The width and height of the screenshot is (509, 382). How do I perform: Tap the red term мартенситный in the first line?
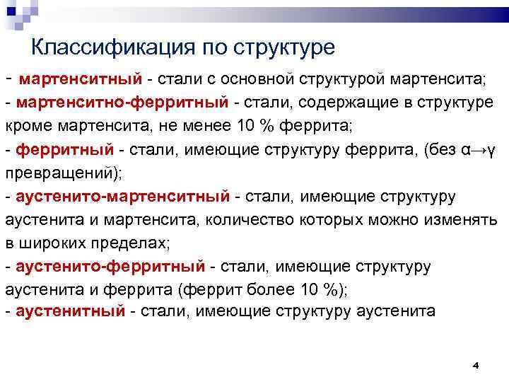(x=81, y=78)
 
